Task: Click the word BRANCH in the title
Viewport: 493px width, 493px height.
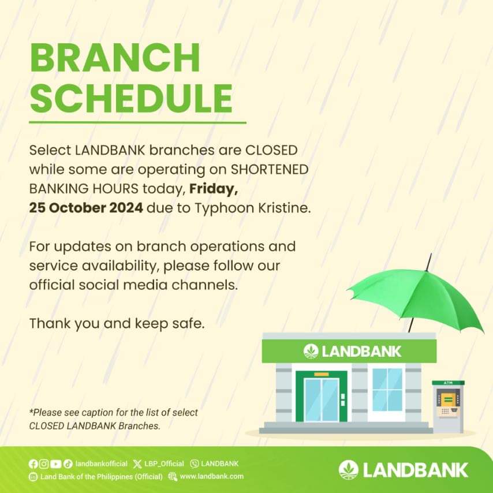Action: click(115, 58)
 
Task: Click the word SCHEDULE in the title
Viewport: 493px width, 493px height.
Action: click(131, 98)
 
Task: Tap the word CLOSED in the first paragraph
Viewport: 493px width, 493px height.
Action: click(271, 150)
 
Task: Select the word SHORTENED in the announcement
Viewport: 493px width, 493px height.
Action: click(270, 170)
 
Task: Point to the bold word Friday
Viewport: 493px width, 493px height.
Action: click(213, 189)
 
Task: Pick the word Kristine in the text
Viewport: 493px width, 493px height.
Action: click(284, 208)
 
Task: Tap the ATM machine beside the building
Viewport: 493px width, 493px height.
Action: click(449, 406)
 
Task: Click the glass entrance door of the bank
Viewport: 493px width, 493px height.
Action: click(322, 399)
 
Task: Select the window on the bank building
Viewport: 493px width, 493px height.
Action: click(387, 390)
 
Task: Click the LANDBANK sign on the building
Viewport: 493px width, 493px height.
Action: click(353, 351)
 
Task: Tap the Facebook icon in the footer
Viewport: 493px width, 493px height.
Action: click(33, 464)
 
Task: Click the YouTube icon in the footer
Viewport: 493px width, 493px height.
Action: click(55, 464)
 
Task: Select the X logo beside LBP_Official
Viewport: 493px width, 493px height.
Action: click(137, 464)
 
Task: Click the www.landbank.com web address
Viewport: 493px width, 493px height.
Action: click(212, 476)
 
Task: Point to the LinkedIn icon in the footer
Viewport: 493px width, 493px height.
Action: click(33, 477)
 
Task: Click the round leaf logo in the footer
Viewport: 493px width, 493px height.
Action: click(348, 470)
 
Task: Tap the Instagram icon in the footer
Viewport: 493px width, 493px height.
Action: click(44, 464)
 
